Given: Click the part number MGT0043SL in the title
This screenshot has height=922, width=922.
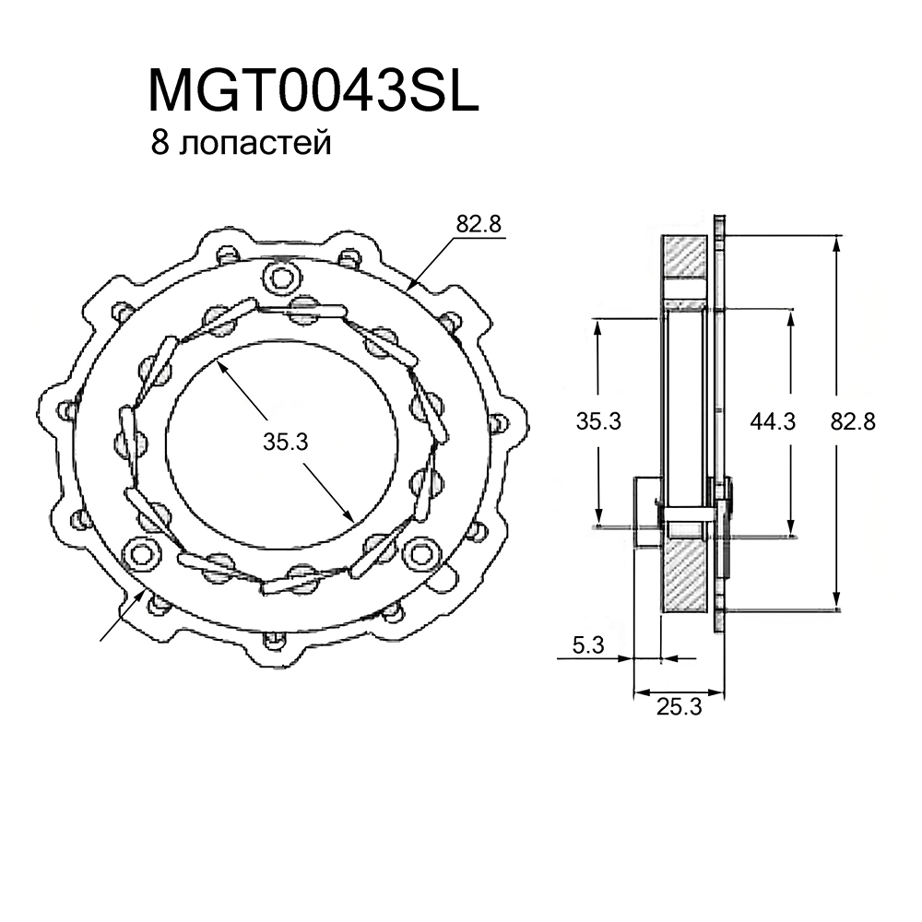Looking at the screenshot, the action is pyautogui.click(x=313, y=89).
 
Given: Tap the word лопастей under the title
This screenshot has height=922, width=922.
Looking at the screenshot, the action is pyautogui.click(x=255, y=144).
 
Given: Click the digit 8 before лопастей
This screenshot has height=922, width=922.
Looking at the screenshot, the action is pyautogui.click(x=160, y=143).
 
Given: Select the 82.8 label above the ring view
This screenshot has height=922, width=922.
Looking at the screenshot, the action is pyautogui.click(x=478, y=224).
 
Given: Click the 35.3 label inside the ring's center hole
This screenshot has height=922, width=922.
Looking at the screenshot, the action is pyautogui.click(x=285, y=442).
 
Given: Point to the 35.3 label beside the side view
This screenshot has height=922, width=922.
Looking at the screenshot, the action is pyautogui.click(x=598, y=421).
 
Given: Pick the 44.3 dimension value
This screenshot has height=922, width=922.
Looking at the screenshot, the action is pyautogui.click(x=773, y=421).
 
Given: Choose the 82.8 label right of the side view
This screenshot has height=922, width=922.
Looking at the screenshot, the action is pyautogui.click(x=853, y=421).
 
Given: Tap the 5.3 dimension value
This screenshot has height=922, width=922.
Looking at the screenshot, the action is pyautogui.click(x=588, y=645).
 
